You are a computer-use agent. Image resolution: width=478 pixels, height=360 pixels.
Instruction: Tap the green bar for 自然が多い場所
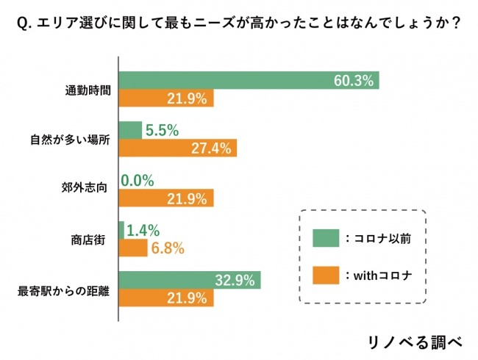(x=130, y=130)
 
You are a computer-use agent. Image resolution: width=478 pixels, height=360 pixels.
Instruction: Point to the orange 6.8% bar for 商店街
(x=133, y=248)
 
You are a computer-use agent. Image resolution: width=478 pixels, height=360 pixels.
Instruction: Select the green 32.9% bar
(x=190, y=280)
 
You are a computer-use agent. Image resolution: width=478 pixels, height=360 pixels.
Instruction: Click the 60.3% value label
(x=354, y=81)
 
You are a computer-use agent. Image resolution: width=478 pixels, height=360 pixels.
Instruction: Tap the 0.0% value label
(x=138, y=181)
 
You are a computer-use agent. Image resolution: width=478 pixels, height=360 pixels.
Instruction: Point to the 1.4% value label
(x=143, y=231)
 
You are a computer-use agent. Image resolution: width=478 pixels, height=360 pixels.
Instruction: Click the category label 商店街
(x=88, y=240)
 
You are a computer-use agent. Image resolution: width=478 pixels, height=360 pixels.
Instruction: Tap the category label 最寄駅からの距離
(x=63, y=289)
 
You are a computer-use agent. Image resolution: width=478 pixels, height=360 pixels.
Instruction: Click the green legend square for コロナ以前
(x=324, y=238)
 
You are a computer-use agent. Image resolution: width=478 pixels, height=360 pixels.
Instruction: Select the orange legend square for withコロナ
(x=324, y=276)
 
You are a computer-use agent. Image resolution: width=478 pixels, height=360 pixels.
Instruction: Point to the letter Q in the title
(x=21, y=24)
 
